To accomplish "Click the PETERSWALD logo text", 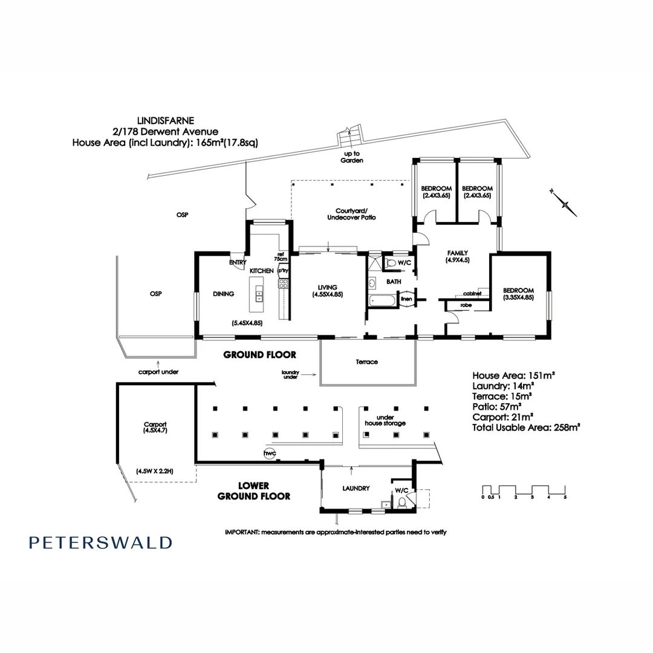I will [x=100, y=542].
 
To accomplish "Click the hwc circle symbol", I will [x=268, y=453].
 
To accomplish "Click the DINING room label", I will [x=223, y=294].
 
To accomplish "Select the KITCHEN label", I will [x=262, y=271].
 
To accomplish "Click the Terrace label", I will [x=366, y=362].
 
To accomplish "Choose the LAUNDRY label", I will [x=356, y=489].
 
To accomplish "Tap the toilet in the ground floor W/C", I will [x=390, y=264].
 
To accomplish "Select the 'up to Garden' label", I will [x=351, y=157].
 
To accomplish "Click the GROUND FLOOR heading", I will [x=259, y=355].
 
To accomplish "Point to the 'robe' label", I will [x=466, y=306].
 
